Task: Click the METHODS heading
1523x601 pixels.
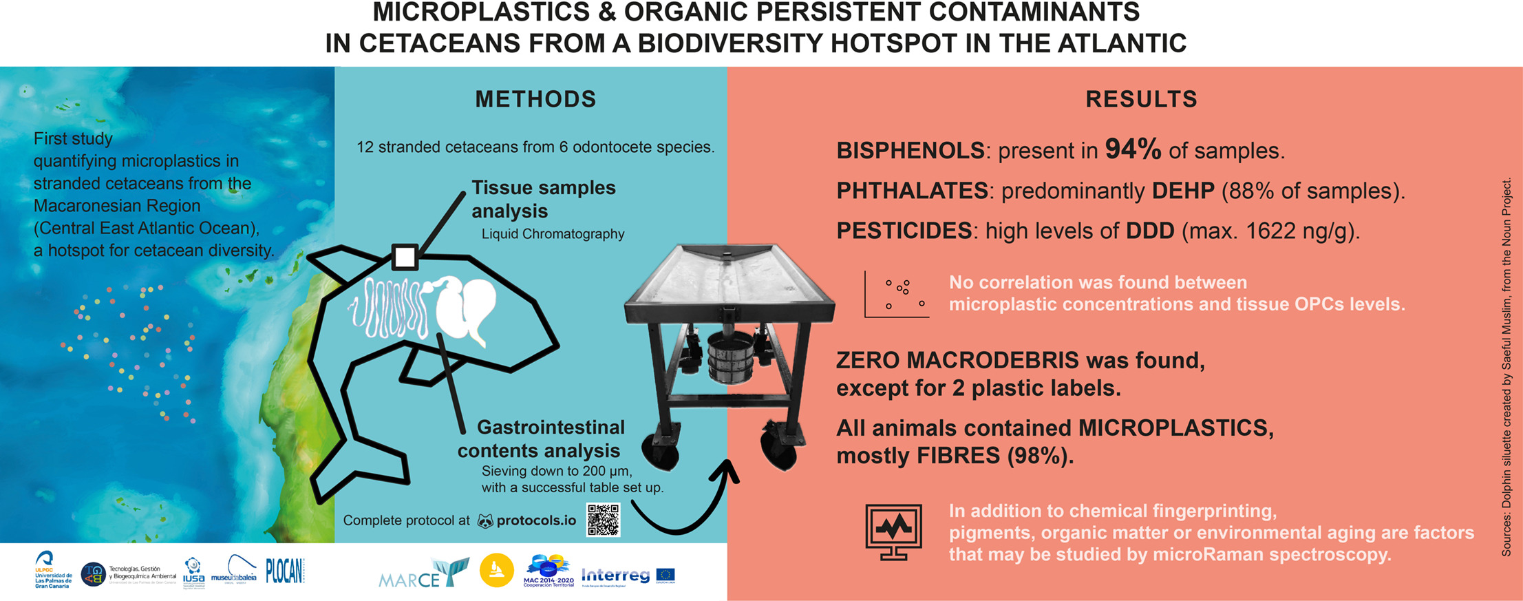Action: coord(535,100)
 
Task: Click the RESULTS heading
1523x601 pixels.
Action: coord(1141,100)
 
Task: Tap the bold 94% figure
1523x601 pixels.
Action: coord(1133,149)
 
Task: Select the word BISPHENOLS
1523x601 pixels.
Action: coord(910,151)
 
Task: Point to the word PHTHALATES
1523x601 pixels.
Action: coord(912,191)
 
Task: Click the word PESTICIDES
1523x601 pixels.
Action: coord(904,231)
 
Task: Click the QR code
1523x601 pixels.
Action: coord(603,520)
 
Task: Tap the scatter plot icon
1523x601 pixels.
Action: coord(897,295)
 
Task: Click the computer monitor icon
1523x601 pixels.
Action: coord(893,532)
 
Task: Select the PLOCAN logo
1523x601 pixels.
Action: coord(285,571)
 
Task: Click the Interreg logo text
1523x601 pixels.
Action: coord(615,575)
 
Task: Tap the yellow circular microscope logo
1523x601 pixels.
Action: coord(496,571)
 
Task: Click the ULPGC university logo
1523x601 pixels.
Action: coord(52,571)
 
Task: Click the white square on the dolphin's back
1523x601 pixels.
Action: coord(405,257)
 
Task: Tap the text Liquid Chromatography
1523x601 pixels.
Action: coord(553,234)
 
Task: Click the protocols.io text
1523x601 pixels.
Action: coord(536,520)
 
